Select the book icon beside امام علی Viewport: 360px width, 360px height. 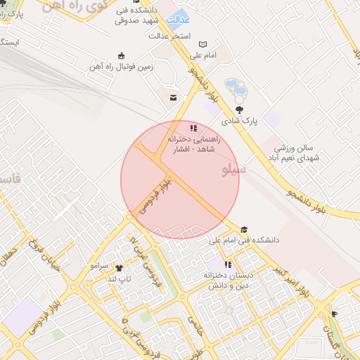pos(204,44)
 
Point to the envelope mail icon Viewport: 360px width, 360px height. pos(172,98)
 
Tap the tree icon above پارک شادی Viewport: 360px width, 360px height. pos(240,109)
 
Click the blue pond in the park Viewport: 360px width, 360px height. pos(239,89)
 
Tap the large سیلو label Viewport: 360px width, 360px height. pos(234,169)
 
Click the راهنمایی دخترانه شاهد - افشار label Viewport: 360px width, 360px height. pos(194,145)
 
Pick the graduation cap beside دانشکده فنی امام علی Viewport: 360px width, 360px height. pos(244,229)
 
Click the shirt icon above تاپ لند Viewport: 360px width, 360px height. pos(119,268)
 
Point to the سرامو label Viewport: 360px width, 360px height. pos(98,267)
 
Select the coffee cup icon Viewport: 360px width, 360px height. pos(334,314)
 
